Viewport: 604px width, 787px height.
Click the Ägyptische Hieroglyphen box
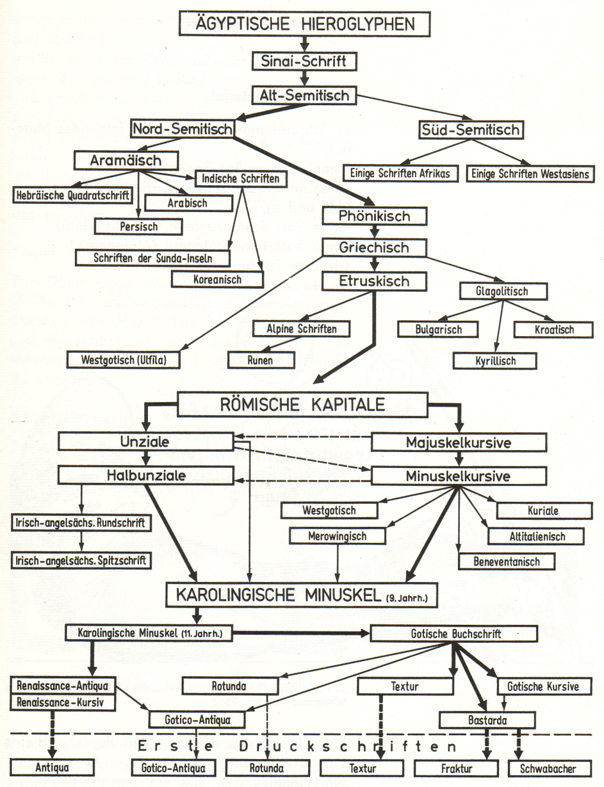pos(304,24)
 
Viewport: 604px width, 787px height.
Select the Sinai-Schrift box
pos(303,61)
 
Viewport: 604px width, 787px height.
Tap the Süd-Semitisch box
pos(470,130)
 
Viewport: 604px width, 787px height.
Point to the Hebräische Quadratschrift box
pos(72,195)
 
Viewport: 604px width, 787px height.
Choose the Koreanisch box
pos(217,279)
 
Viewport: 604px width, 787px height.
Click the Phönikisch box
pos(374,216)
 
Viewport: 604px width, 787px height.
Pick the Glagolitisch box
pos(502,291)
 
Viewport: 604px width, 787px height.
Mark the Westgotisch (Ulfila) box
pos(124,360)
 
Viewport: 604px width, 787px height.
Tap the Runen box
pos(261,360)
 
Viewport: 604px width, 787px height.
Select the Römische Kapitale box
pos(302,404)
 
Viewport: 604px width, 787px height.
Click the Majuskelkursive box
pos(458,443)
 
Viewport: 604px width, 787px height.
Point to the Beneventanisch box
pos(507,561)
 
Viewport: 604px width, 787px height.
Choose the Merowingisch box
pos(337,536)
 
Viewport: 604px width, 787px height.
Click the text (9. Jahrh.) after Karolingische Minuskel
pos(407,598)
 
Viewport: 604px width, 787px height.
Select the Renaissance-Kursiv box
pos(60,703)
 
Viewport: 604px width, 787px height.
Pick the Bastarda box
pos(487,720)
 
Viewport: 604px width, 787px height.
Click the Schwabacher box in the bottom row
pos(548,769)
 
